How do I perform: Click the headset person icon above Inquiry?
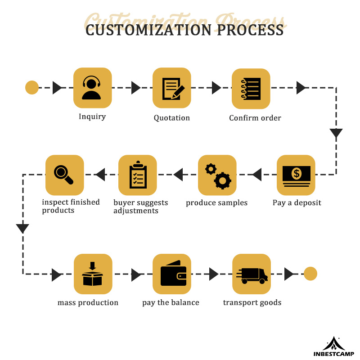(92, 88)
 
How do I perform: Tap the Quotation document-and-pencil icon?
(171, 88)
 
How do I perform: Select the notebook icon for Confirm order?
(251, 89)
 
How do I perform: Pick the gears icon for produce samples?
(217, 175)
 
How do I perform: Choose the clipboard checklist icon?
(137, 175)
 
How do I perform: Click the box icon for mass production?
(92, 274)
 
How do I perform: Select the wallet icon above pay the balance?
(171, 274)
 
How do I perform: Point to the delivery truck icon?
(251, 274)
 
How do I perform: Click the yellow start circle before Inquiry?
(31, 87)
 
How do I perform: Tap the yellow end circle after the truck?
(310, 274)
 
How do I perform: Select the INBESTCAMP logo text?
(333, 354)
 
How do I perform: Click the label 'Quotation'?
(171, 118)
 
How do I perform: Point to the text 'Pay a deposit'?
(297, 202)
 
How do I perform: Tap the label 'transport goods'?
(252, 302)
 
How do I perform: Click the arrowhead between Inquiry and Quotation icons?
(136, 88)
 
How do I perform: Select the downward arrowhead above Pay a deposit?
(336, 133)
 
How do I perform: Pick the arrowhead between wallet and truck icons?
(214, 274)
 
